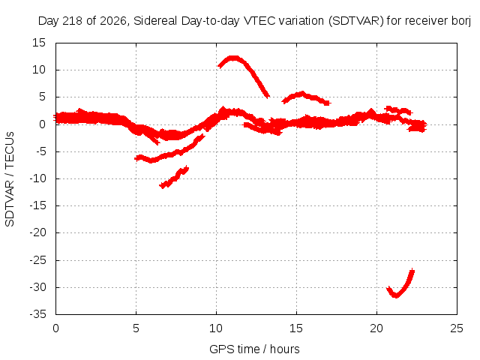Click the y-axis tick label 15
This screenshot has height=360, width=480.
[39, 43]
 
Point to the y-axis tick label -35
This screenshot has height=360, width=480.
[37, 314]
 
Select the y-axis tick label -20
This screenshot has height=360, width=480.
[37, 232]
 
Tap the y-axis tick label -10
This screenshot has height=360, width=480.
[37, 178]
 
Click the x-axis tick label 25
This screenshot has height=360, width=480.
[457, 328]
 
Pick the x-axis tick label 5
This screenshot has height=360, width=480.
[136, 328]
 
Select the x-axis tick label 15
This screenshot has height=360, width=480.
[296, 328]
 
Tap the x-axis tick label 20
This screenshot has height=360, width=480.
[376, 328]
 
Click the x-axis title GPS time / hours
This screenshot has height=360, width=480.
[254, 349]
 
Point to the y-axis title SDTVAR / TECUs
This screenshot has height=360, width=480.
[10, 179]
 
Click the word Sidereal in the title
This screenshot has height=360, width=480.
[155, 21]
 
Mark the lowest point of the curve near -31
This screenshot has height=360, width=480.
[396, 295]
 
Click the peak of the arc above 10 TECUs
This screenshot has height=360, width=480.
[233, 58]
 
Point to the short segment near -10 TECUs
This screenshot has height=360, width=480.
[174, 177]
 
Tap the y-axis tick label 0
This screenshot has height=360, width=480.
[43, 124]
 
